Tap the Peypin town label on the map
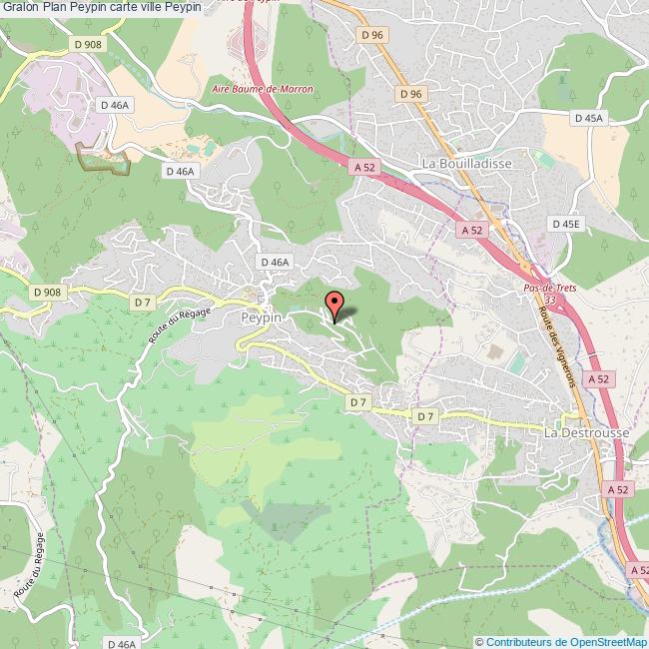pyautogui.click(x=263, y=316)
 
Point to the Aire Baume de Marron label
pyautogui.click(x=264, y=89)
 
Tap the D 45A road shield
pyautogui.click(x=590, y=118)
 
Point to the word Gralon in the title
pyautogui.click(x=22, y=7)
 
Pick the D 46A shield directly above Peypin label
pyautogui.click(x=275, y=262)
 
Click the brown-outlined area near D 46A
pyautogui.click(x=104, y=159)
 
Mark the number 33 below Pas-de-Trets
pyautogui.click(x=550, y=299)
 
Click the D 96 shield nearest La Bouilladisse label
pyautogui.click(x=411, y=94)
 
